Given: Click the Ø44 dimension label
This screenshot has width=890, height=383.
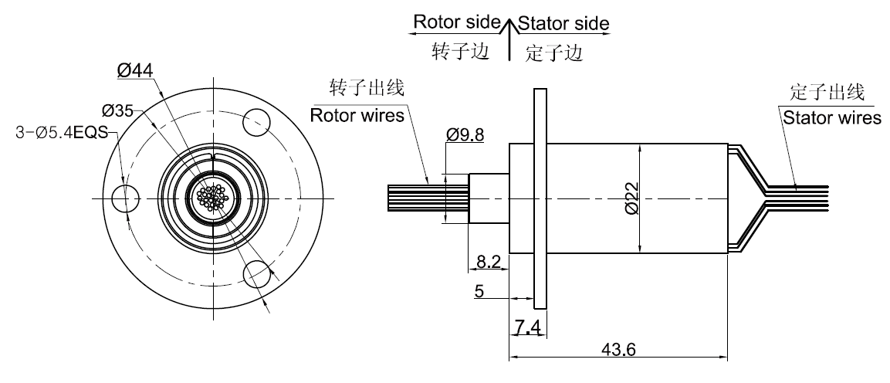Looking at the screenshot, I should (136, 70).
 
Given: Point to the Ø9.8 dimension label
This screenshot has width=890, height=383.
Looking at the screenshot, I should (465, 135).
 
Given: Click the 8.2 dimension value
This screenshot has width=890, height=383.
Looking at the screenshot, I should (488, 263).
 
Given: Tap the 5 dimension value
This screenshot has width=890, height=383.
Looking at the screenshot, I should (479, 291).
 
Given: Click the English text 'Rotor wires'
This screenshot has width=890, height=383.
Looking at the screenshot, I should (357, 117).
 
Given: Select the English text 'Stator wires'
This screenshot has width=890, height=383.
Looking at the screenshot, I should (831, 118).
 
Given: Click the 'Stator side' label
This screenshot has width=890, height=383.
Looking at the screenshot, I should (563, 23).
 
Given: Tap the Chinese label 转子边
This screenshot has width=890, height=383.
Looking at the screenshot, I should (459, 51).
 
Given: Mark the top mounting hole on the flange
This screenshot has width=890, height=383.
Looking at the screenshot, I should (258, 120).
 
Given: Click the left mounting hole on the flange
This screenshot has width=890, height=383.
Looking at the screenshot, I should (123, 199).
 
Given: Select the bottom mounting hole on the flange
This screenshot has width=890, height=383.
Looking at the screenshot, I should (258, 274).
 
